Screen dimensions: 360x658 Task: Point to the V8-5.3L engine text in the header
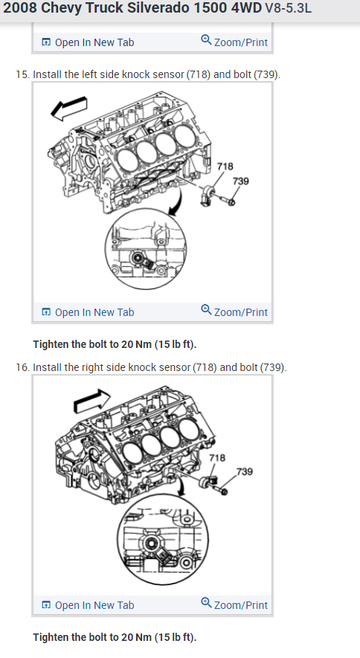pyautogui.click(x=289, y=8)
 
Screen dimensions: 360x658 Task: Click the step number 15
pyautogui.click(x=22, y=74)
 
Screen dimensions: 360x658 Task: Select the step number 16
pyautogui.click(x=22, y=367)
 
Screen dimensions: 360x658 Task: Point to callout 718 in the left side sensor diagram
pyautogui.click(x=225, y=167)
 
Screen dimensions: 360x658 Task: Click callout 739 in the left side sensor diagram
pyautogui.click(x=241, y=181)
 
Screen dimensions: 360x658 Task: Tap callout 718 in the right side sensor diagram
pyautogui.click(x=217, y=458)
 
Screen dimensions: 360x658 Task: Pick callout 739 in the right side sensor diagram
pyautogui.click(x=245, y=471)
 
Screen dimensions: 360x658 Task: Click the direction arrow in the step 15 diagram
pyautogui.click(x=69, y=109)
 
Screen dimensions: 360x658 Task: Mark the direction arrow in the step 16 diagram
pyautogui.click(x=92, y=400)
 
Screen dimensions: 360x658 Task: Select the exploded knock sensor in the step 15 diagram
pyautogui.click(x=208, y=196)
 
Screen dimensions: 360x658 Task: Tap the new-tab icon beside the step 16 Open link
pyautogui.click(x=46, y=605)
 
